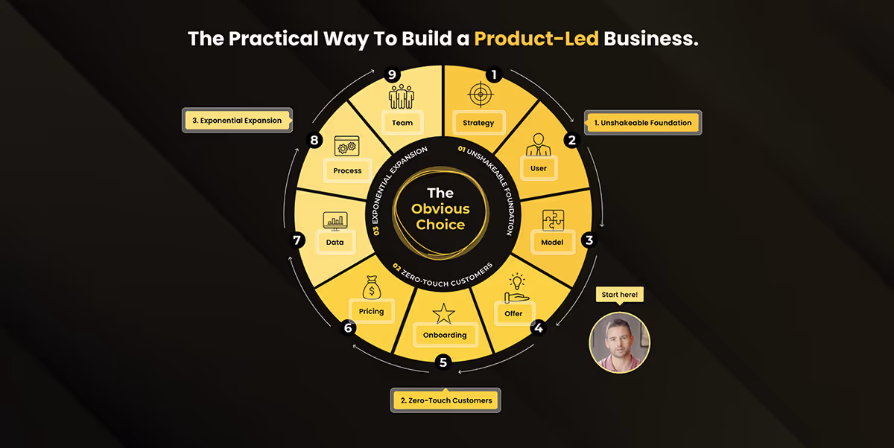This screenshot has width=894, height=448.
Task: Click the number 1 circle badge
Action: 492,74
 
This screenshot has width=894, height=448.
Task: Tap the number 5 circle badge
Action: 443,362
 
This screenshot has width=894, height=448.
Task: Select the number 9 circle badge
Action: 391,74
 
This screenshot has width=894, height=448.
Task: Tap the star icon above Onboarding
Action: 444,313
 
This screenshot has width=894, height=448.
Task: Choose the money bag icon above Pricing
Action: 371,287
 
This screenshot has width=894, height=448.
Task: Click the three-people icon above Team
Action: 401,96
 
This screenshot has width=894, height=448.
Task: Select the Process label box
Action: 347,170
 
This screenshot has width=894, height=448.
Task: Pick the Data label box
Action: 335,242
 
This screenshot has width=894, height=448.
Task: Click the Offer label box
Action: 513,313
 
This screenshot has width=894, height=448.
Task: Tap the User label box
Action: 539,168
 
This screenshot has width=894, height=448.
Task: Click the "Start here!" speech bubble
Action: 620,295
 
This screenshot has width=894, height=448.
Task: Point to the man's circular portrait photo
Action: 620,342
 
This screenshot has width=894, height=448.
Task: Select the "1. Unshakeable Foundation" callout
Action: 643,123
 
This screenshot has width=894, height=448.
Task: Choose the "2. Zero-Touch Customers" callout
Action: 446,400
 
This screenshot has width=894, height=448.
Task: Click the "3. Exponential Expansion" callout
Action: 238,121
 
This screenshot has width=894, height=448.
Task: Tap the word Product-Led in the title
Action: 536,38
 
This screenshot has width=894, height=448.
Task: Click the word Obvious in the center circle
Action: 442,209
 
